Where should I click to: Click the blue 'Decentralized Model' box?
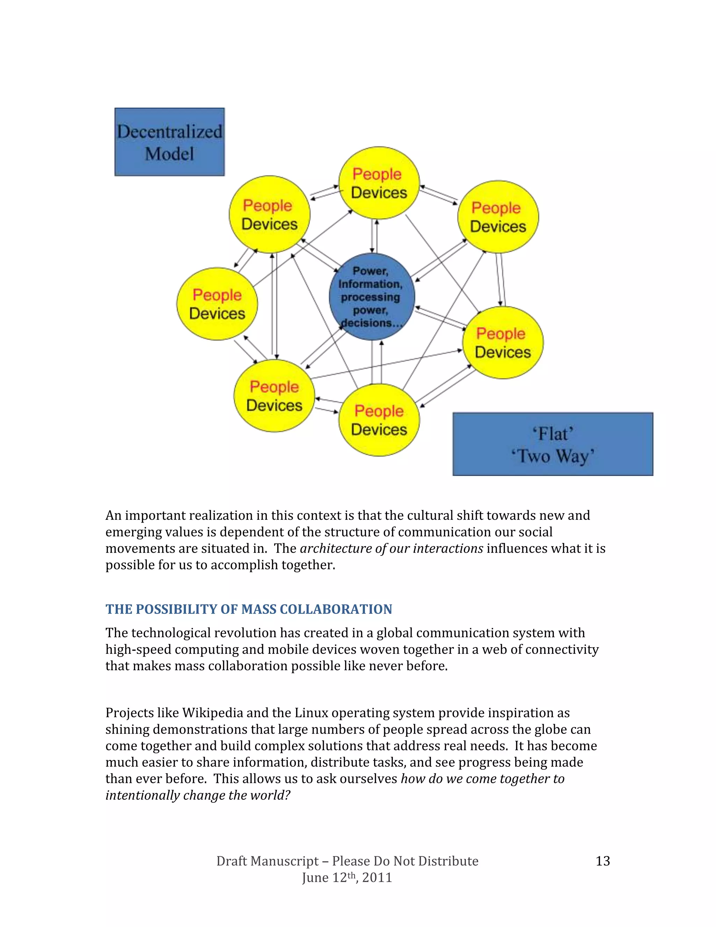click(169, 142)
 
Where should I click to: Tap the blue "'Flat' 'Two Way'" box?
click(552, 444)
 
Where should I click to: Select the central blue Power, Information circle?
click(372, 296)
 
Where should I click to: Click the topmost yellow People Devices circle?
click(379, 183)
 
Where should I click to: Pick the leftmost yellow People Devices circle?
click(217, 304)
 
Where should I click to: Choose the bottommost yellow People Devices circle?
click(379, 420)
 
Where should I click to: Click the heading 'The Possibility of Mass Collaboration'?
click(249, 609)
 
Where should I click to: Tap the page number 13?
click(602, 861)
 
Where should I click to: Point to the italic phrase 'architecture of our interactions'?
click(392, 549)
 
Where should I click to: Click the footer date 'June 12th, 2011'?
click(347, 877)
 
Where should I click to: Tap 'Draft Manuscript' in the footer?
click(267, 861)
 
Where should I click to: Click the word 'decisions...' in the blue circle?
click(372, 323)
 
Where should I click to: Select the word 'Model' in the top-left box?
click(169, 154)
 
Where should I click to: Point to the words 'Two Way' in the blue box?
click(552, 456)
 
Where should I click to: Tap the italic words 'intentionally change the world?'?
click(198, 795)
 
